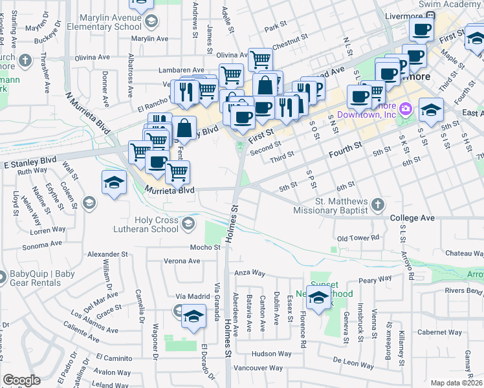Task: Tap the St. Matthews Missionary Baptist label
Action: pyautogui.click(x=340, y=206)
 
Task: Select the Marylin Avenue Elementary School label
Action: pyautogui.click(x=111, y=23)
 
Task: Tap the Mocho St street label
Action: pyautogui.click(x=205, y=247)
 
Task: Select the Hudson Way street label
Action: pyautogui.click(x=272, y=354)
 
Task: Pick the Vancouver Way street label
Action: pyautogui.click(x=258, y=368)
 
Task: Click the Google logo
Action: pyautogui.click(x=21, y=380)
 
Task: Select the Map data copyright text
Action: pyautogui.click(x=457, y=383)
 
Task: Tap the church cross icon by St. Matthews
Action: pyautogui.click(x=378, y=206)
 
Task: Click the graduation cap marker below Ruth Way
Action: pyautogui.click(x=114, y=182)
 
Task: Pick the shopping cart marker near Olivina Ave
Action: pyautogui.click(x=260, y=59)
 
